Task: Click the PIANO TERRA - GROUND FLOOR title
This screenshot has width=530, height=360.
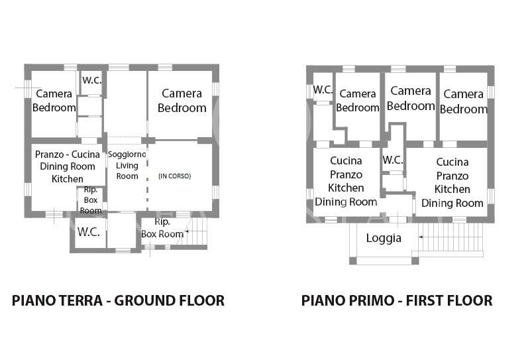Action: pyautogui.click(x=118, y=300)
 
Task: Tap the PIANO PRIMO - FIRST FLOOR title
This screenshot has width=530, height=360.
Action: pyautogui.click(x=397, y=300)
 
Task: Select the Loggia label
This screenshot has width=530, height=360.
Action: pyautogui.click(x=384, y=238)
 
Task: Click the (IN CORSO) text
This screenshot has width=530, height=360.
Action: pyautogui.click(x=175, y=176)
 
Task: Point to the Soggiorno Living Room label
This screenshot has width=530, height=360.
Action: pyautogui.click(x=127, y=165)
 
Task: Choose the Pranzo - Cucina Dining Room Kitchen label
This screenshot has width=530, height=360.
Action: pyautogui.click(x=68, y=166)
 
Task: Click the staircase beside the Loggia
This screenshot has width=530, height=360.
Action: pyautogui.click(x=450, y=237)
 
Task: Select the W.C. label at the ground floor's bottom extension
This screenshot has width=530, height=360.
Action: pyautogui.click(x=89, y=232)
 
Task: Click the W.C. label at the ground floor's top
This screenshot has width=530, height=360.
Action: pyautogui.click(x=92, y=80)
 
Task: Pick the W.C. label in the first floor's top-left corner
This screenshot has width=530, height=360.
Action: pyautogui.click(x=323, y=90)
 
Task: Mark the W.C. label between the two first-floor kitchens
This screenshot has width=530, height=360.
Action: pyautogui.click(x=393, y=160)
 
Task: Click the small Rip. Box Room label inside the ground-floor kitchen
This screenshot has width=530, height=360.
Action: pyautogui.click(x=91, y=200)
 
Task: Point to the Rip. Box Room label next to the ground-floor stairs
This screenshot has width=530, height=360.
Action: pyautogui.click(x=162, y=228)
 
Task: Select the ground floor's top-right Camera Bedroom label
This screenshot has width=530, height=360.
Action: pyautogui.click(x=182, y=101)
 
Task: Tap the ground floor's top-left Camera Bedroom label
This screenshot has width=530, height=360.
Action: pyautogui.click(x=54, y=101)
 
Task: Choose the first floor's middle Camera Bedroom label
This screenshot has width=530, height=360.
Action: pyautogui.click(x=411, y=98)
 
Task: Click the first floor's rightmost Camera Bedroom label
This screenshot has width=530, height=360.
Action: pyautogui.click(x=463, y=101)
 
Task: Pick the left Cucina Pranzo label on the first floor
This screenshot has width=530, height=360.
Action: pyautogui.click(x=346, y=168)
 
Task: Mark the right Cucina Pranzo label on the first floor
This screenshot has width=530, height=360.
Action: pyautogui.click(x=452, y=169)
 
